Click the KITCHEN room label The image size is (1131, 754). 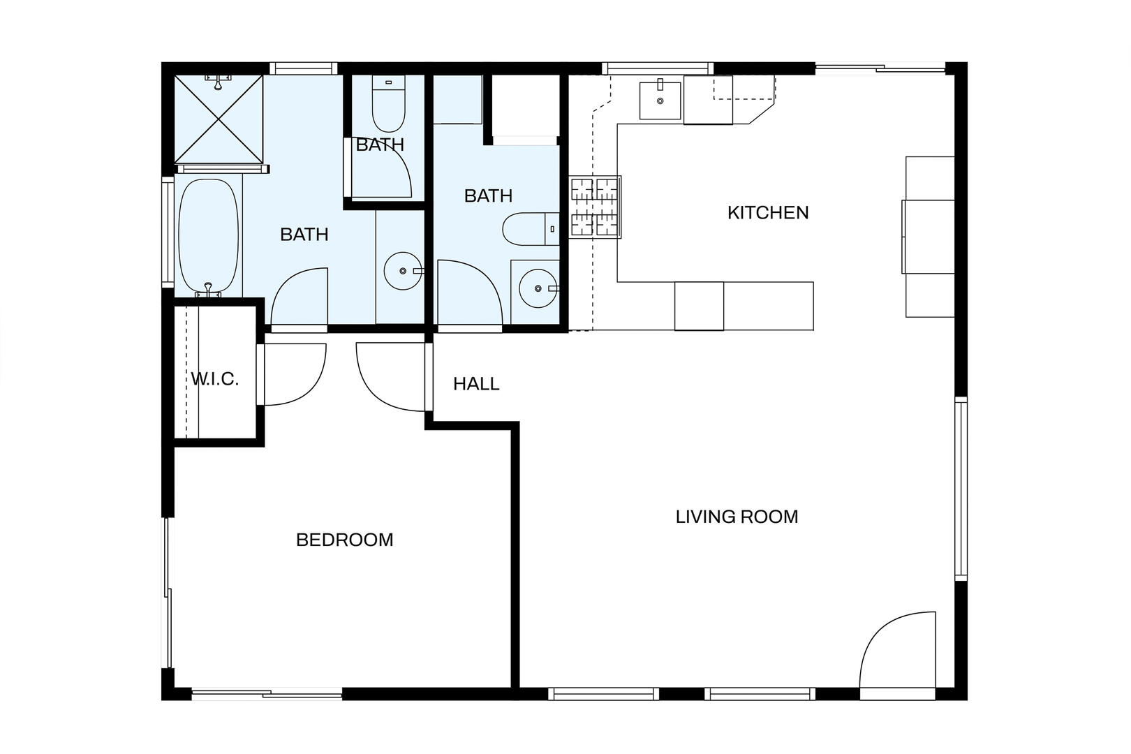point(768,213)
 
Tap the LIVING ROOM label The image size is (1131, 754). point(737,517)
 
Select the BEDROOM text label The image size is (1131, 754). point(344,540)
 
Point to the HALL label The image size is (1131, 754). point(476,384)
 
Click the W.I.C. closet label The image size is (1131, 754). point(214,379)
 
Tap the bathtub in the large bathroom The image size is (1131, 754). point(208,235)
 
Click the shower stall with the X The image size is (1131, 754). point(219,119)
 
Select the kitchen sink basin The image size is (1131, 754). point(660,101)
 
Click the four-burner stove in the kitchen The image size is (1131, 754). point(595,207)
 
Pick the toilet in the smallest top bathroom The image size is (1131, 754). point(388,104)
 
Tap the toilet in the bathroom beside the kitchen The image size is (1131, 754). point(531,229)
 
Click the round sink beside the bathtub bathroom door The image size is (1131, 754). point(403,271)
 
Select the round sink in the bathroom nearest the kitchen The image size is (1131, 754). point(538,288)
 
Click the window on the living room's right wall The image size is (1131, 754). point(961,489)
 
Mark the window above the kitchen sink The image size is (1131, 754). point(658,68)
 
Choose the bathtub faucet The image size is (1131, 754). point(208,290)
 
